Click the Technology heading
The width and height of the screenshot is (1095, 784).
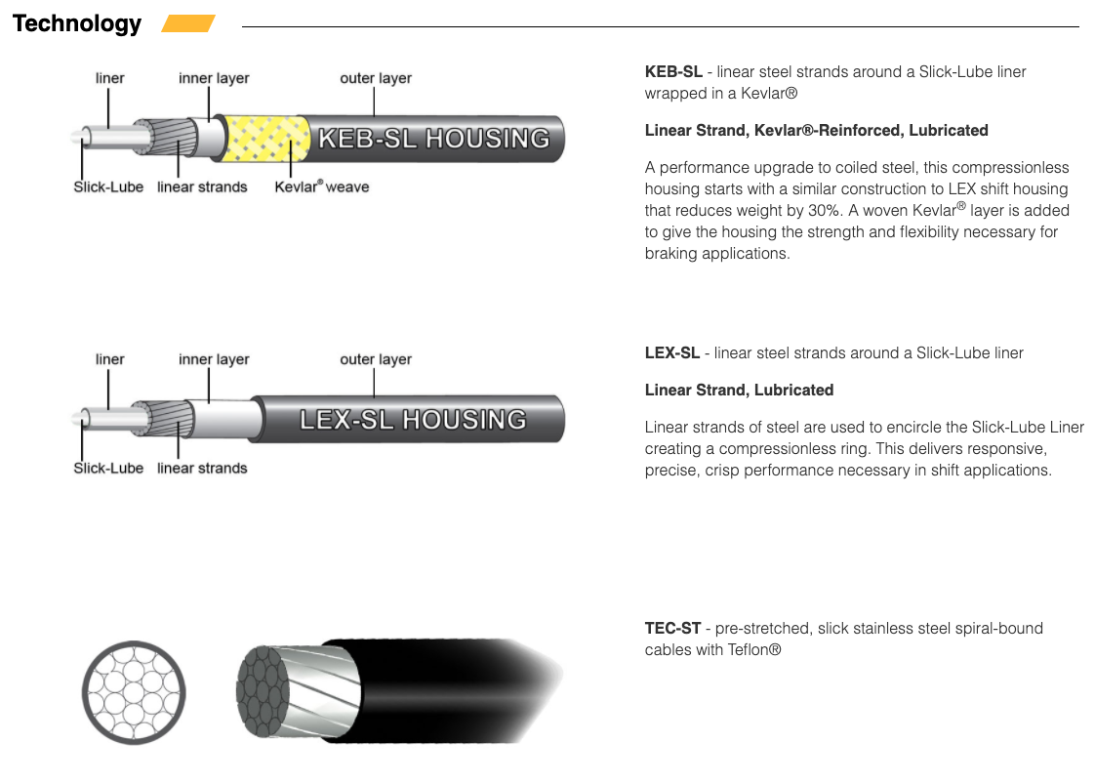pyautogui.click(x=77, y=24)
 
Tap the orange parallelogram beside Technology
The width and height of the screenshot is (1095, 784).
pyautogui.click(x=187, y=23)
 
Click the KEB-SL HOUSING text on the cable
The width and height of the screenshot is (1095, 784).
pyautogui.click(x=433, y=139)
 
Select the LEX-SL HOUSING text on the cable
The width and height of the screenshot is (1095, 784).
pyautogui.click(x=413, y=420)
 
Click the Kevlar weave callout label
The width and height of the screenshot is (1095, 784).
pyautogui.click(x=322, y=186)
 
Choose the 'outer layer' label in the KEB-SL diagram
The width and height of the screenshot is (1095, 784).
pyautogui.click(x=376, y=78)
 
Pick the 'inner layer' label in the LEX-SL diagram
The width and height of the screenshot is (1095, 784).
pyautogui.click(x=214, y=359)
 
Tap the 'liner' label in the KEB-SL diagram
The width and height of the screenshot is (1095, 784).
pyautogui.click(x=110, y=78)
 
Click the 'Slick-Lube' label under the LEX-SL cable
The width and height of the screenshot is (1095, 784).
pyautogui.click(x=108, y=468)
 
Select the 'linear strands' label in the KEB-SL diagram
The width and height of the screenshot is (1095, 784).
pyautogui.click(x=202, y=186)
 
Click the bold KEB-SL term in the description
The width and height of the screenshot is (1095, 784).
pyautogui.click(x=672, y=71)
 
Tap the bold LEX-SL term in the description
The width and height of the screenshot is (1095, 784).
pyautogui.click(x=671, y=352)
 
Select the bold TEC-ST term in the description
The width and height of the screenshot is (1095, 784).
pyautogui.click(x=672, y=628)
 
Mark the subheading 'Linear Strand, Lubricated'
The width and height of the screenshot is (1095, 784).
pyautogui.click(x=739, y=390)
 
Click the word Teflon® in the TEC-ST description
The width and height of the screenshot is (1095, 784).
pyautogui.click(x=753, y=649)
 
